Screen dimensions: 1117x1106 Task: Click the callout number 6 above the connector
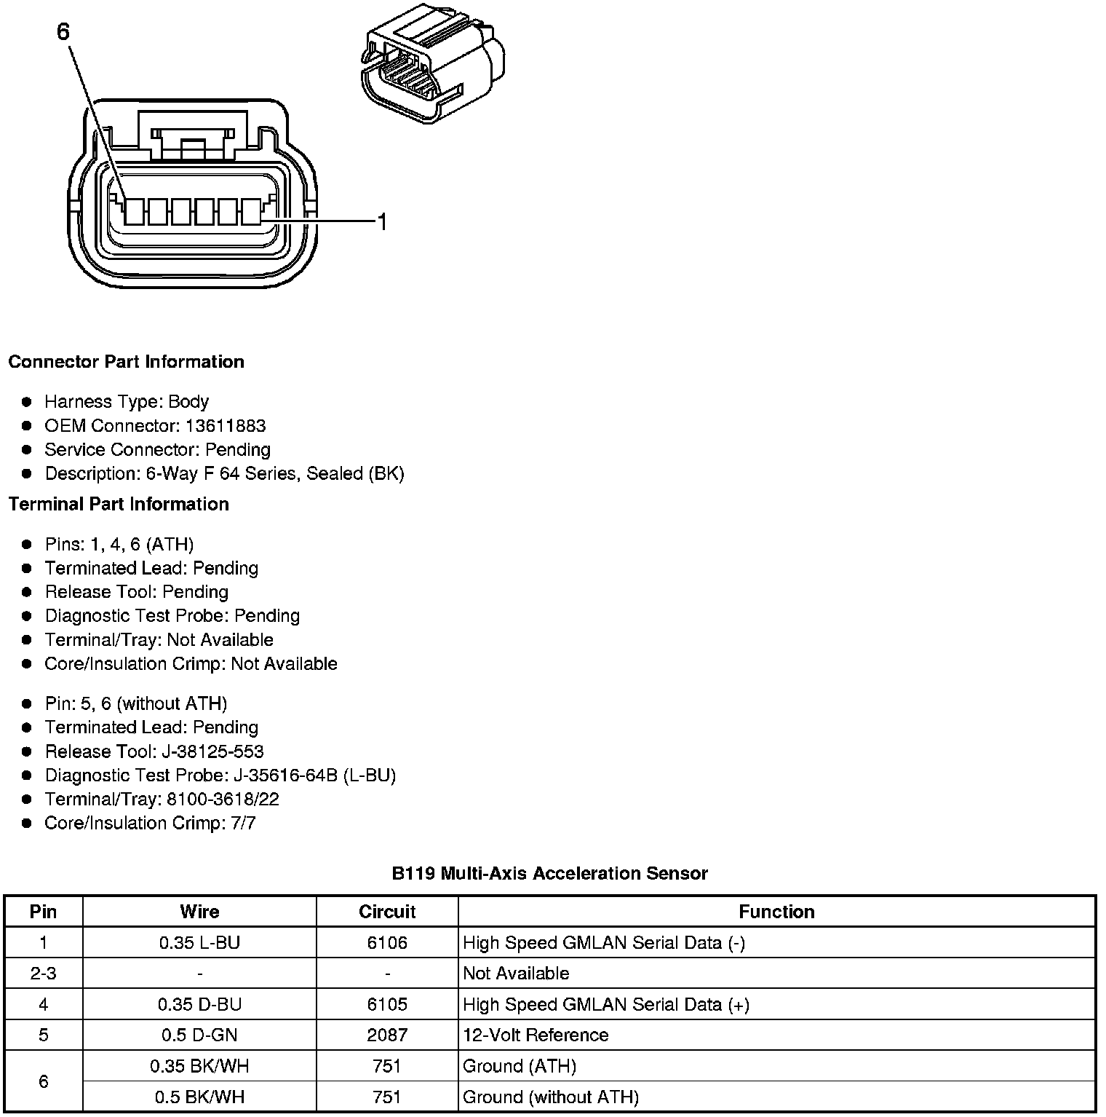click(63, 32)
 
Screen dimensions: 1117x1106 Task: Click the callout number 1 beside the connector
click(381, 221)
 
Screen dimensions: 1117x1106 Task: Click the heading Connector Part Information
click(126, 362)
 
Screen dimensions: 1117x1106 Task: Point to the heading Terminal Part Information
click(119, 504)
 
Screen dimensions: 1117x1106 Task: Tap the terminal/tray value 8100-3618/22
click(223, 800)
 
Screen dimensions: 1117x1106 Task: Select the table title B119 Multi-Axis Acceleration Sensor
click(549, 873)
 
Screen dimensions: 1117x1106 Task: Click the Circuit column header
click(387, 912)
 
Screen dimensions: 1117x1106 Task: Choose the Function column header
click(776, 912)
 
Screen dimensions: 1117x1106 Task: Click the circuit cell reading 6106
click(387, 943)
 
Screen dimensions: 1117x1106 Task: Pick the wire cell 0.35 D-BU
click(199, 1005)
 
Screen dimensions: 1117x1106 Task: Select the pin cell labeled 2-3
click(44, 974)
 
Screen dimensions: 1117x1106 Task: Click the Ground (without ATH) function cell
click(551, 1097)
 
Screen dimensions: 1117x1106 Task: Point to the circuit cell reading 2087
click(387, 1035)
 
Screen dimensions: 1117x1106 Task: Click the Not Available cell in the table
click(516, 974)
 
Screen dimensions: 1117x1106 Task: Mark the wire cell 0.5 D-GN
click(199, 1035)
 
